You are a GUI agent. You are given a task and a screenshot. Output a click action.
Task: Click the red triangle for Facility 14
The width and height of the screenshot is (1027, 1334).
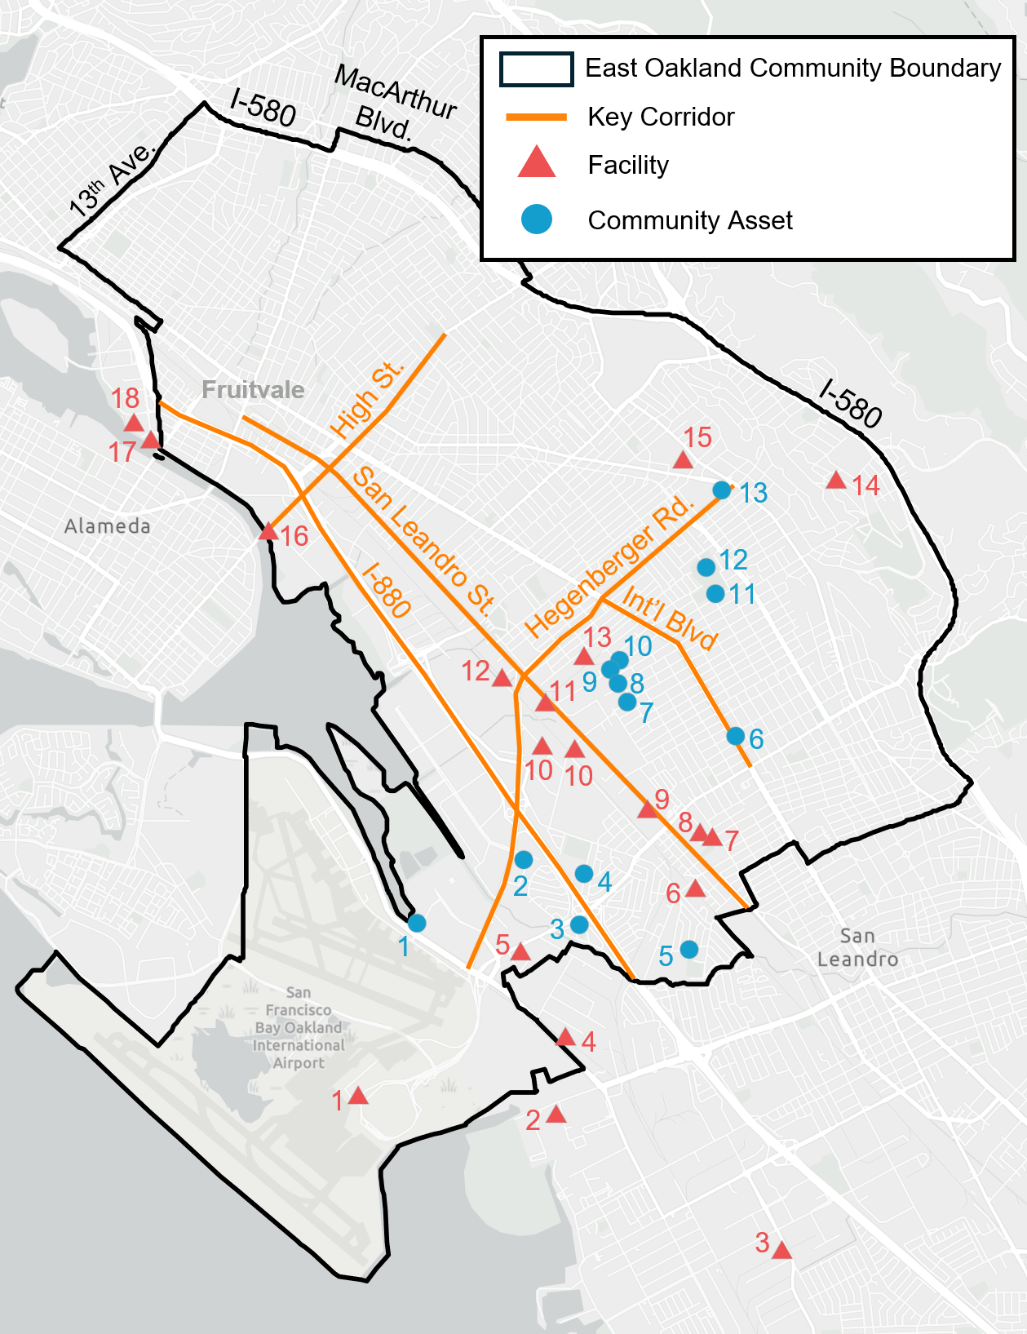point(835,481)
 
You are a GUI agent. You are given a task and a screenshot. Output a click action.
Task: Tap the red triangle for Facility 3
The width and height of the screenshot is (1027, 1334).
point(781,1251)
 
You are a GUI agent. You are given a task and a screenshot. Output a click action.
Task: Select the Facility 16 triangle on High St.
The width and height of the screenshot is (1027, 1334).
point(268,532)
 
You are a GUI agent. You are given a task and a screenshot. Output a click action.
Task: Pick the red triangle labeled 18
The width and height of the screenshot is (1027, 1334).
point(134,423)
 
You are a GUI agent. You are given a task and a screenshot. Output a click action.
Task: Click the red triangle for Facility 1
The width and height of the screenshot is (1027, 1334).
point(358,1097)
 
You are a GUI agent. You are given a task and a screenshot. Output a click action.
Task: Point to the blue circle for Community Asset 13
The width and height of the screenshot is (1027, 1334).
point(722,490)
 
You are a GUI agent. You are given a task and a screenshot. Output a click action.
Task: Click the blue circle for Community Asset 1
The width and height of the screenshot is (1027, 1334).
point(417,923)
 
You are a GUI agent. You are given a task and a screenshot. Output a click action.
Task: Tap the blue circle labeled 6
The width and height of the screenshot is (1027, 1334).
point(736,736)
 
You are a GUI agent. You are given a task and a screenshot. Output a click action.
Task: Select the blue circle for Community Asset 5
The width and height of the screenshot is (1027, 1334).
point(689,949)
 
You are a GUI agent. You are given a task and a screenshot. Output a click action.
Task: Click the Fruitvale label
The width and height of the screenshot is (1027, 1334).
point(253,390)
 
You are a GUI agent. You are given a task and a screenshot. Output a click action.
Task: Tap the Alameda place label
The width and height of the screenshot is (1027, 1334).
point(108,526)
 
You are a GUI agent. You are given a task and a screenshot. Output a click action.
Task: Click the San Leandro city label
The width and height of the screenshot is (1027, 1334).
point(857,947)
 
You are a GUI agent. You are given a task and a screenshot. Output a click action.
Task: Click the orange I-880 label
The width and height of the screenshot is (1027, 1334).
point(386,589)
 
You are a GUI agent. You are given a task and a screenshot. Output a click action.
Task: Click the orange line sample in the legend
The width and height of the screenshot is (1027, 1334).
point(536,117)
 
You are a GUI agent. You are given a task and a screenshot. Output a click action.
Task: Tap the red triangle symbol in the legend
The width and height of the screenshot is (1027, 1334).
point(537,163)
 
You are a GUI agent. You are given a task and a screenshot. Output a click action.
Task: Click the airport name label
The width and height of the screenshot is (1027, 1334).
point(299,1027)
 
